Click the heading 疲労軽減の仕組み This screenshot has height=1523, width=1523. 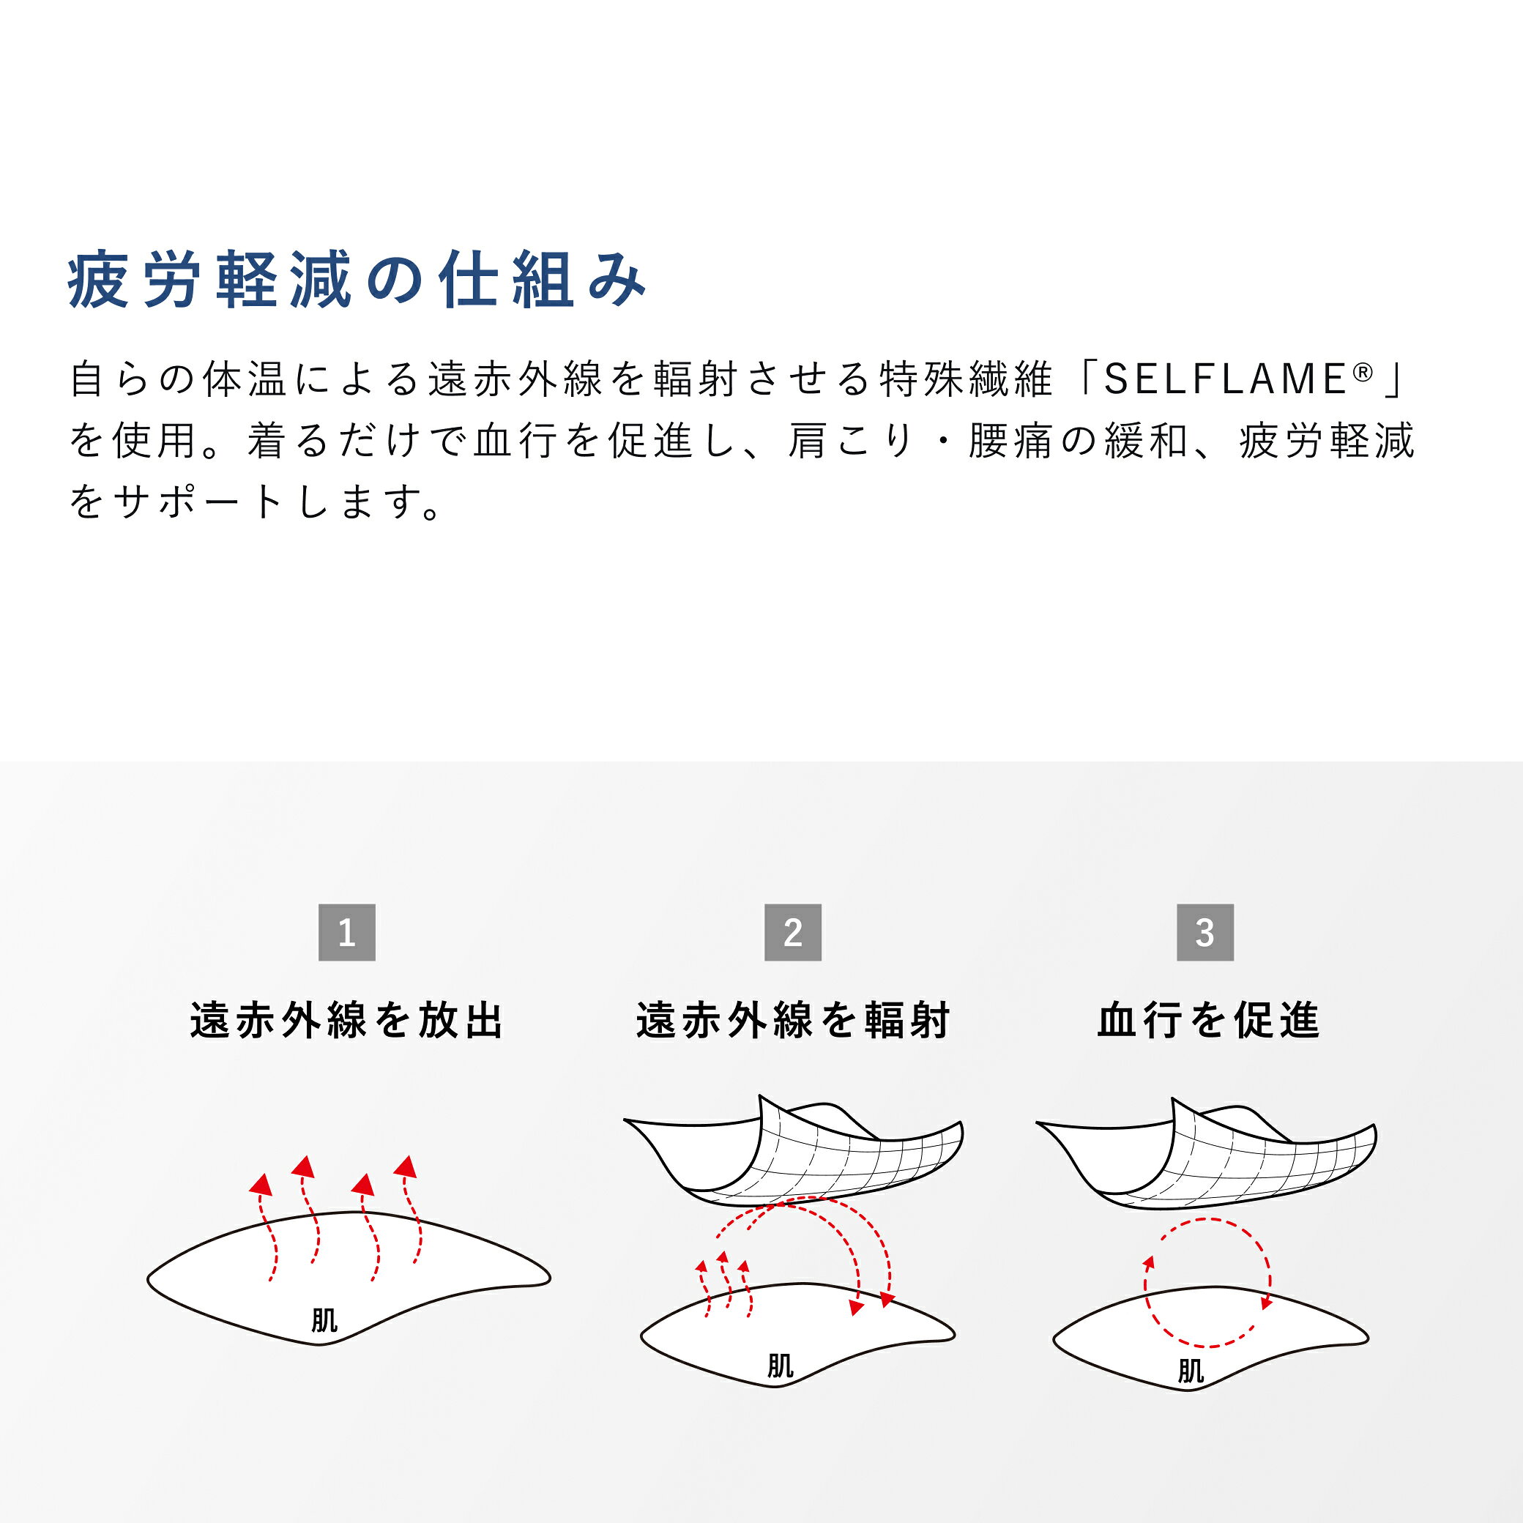pos(357,280)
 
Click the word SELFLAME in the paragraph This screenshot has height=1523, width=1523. pos(1225,379)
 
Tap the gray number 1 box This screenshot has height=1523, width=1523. pos(347,933)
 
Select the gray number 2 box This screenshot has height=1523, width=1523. pos(793,933)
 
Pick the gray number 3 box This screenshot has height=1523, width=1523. pos(1205,933)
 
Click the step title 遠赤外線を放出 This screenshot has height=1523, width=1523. pos(347,1021)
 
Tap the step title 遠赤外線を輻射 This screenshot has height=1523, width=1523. pos(793,1021)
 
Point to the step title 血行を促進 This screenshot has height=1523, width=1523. pos(1208,1021)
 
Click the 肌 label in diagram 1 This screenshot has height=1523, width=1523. pos(324,1320)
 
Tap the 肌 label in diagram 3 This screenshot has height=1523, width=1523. pos(1191,1371)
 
